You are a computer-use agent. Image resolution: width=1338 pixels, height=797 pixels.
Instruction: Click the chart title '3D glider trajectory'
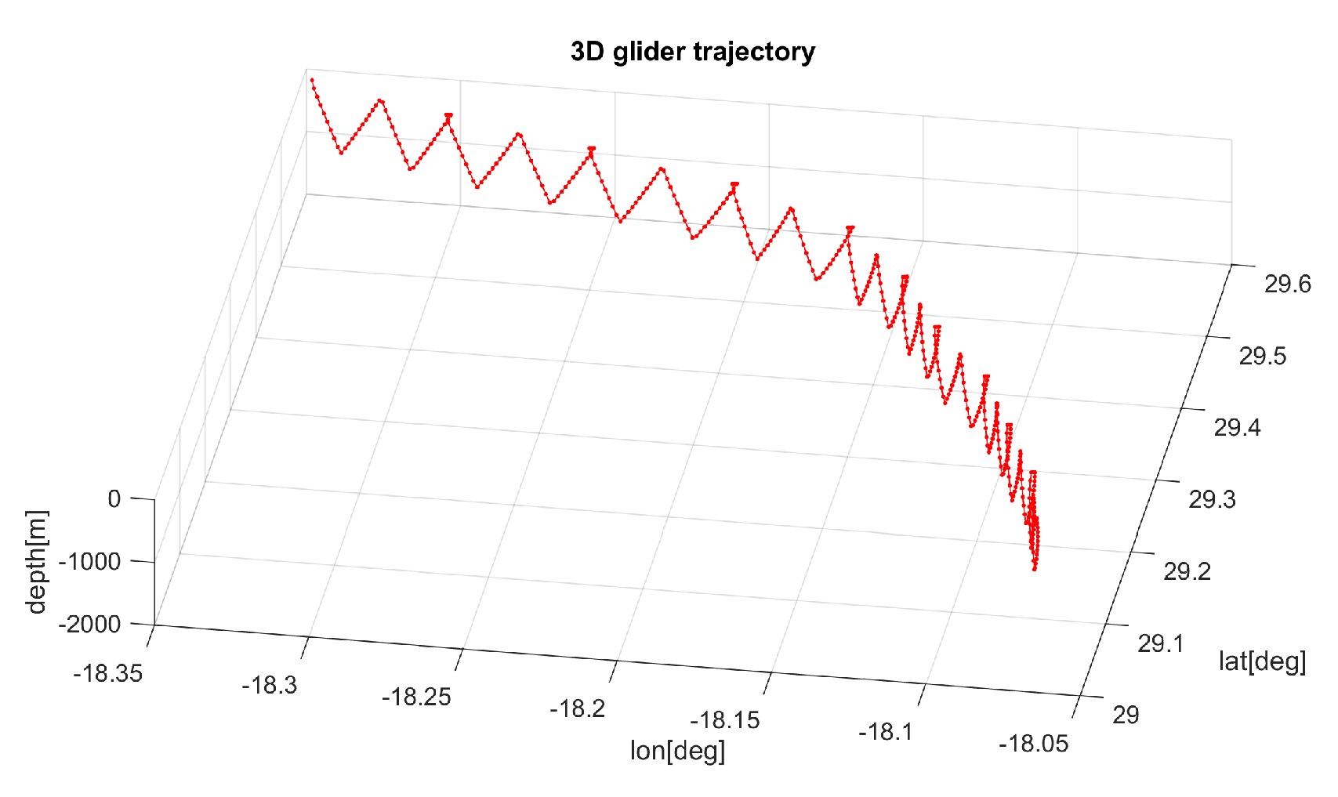point(693,52)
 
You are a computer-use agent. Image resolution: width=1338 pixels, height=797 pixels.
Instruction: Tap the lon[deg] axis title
point(677,751)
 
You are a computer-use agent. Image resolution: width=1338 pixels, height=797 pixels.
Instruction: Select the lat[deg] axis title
point(1262,661)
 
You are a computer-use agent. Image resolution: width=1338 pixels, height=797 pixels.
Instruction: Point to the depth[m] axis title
point(36,562)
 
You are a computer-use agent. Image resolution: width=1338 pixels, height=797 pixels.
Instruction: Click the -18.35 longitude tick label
point(108,673)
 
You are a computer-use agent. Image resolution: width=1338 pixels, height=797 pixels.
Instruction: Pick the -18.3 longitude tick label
point(270,685)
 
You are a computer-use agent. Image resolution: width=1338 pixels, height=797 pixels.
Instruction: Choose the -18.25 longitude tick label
point(416,697)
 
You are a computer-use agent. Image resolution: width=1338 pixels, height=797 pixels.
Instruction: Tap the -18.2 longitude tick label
point(578,708)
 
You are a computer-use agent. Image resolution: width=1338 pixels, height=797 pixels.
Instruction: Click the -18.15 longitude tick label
point(725,720)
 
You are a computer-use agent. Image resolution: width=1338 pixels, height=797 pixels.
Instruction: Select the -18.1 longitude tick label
point(885,732)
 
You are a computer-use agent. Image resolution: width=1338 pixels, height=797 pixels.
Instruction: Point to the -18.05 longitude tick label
point(1033,743)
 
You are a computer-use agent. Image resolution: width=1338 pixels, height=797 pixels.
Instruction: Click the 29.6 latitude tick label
point(1287,284)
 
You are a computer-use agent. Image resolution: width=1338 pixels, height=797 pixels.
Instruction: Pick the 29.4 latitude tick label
point(1237,427)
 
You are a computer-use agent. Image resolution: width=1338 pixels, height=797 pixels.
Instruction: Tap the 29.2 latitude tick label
point(1187,571)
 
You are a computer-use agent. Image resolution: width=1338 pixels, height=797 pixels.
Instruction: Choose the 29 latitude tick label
point(1126,715)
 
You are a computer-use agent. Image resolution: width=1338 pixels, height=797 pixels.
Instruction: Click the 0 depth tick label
point(114,498)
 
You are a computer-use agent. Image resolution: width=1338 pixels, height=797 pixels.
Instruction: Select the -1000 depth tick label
point(92,561)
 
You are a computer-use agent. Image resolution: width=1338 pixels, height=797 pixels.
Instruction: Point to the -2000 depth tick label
point(89,624)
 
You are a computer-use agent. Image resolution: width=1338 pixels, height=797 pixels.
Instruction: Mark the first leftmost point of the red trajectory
point(312,80)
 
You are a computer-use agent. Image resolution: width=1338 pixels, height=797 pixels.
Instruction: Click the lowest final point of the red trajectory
point(1035,569)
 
